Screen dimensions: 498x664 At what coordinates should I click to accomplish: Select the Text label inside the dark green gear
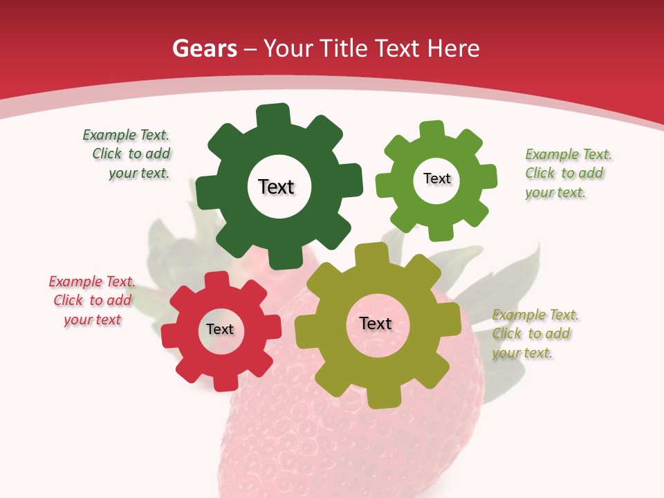pyautogui.click(x=276, y=187)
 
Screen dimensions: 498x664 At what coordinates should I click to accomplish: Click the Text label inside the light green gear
pyautogui.click(x=436, y=178)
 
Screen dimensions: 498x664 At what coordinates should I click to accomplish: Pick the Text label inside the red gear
pyautogui.click(x=220, y=329)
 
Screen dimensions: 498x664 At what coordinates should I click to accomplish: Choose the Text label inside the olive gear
pyautogui.click(x=376, y=323)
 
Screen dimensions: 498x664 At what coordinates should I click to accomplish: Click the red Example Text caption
pyautogui.click(x=92, y=301)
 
